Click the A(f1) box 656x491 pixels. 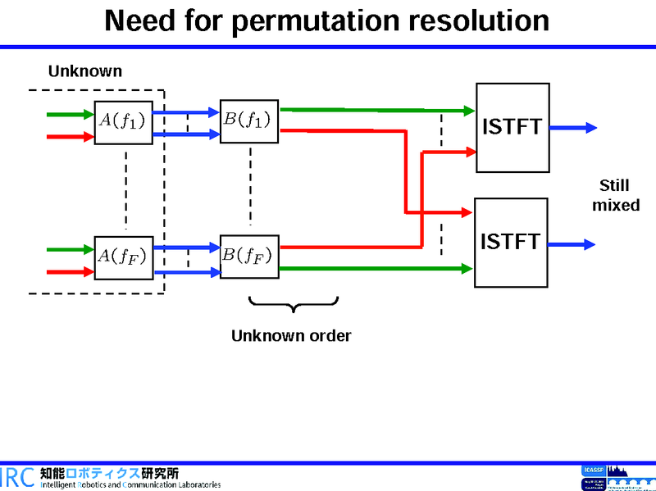[x=123, y=122]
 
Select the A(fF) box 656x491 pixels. [x=123, y=257]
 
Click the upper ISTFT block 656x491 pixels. [x=512, y=128]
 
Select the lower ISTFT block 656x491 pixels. [x=511, y=243]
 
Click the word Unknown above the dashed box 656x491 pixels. [x=84, y=71]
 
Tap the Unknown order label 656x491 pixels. [x=291, y=336]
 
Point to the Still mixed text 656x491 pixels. [x=615, y=196]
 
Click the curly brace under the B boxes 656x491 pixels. [x=292, y=305]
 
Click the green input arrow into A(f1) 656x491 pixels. [x=71, y=115]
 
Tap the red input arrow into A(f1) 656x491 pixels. [x=71, y=137]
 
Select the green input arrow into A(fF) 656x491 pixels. [x=71, y=249]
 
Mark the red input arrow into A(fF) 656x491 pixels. [x=71, y=271]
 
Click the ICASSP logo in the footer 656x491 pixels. [x=591, y=470]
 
